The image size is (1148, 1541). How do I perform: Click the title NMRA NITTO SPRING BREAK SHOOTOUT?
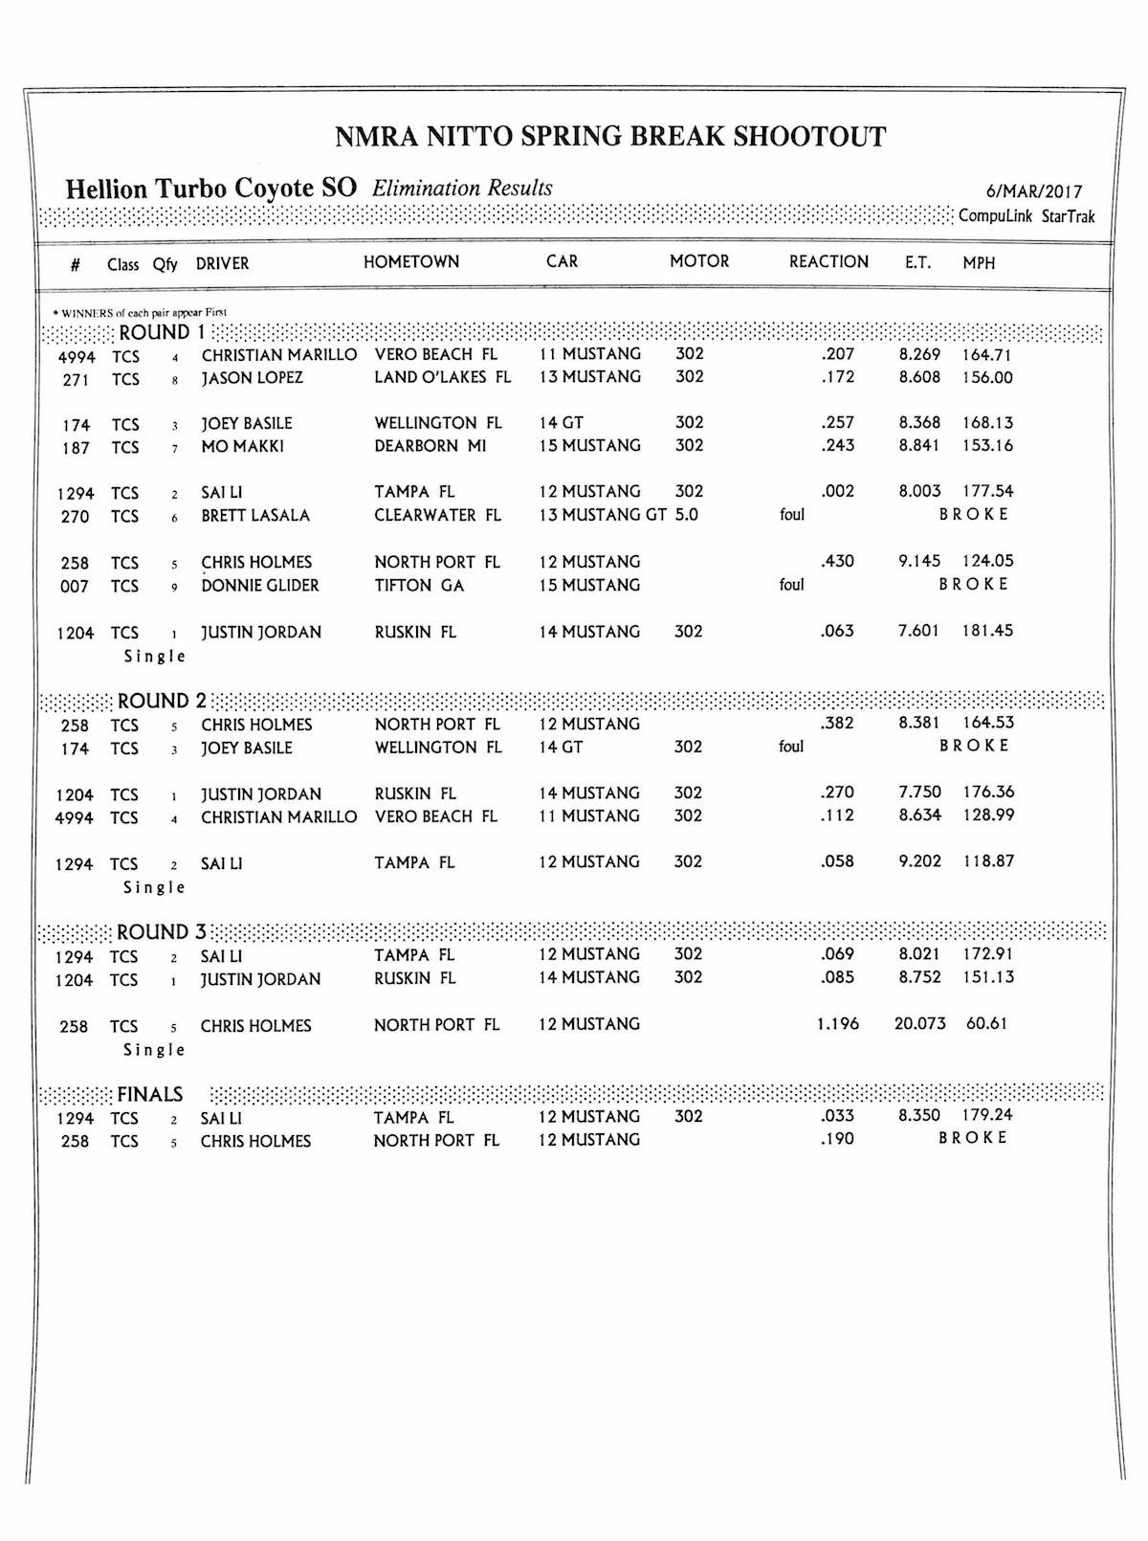610,137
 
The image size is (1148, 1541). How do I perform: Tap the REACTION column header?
828,261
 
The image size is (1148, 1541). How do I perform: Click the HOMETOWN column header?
411,261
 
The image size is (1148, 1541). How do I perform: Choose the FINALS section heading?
149,1094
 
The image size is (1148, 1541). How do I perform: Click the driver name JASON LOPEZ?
252,378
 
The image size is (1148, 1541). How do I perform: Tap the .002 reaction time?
837,491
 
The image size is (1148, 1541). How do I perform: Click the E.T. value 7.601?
918,631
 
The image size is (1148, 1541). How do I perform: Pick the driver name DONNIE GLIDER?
259,585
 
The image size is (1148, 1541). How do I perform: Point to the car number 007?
75,586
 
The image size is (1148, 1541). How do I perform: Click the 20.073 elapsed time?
919,1023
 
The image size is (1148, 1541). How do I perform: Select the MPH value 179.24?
987,1115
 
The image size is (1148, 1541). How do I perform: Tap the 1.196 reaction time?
837,1023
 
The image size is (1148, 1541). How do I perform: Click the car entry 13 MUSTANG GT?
602,515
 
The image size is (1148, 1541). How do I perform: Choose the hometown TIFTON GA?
419,585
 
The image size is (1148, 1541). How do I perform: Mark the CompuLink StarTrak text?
1027,216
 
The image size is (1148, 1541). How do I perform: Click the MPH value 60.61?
986,1023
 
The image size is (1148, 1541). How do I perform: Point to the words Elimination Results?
462,188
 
